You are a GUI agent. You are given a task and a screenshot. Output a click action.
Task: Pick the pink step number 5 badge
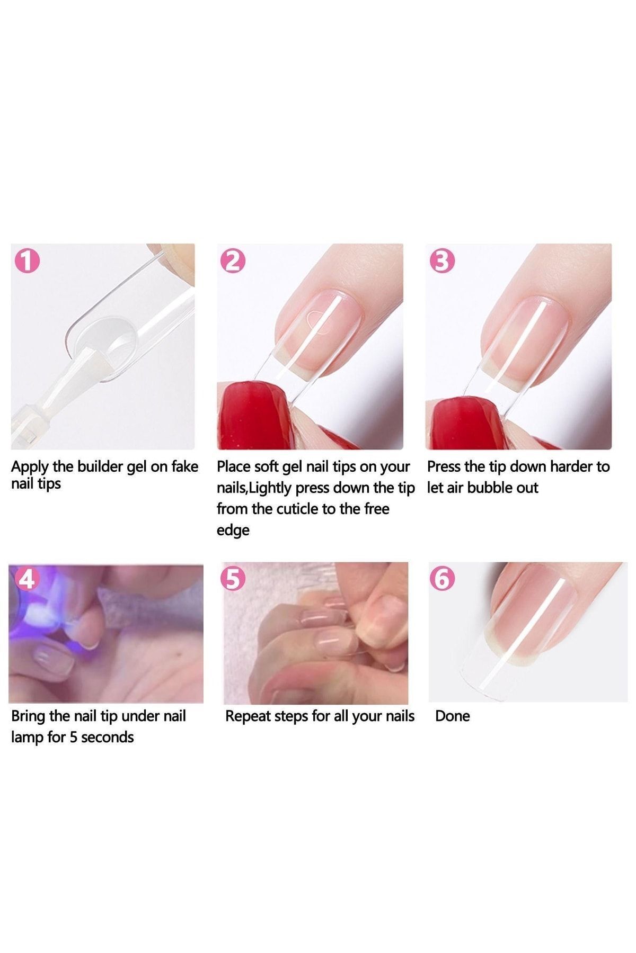pos(234,579)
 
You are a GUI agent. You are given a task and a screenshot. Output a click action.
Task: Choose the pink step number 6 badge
pos(443,579)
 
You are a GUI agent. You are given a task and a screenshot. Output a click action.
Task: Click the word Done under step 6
pos(452,716)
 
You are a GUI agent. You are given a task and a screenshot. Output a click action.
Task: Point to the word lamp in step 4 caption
pos(26,738)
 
